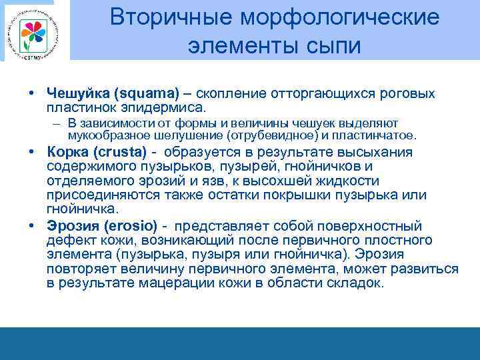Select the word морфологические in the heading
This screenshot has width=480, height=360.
coord(335,18)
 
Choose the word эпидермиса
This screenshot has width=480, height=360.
coord(167,107)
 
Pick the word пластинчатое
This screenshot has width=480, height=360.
coord(380,135)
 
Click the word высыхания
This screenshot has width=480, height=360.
coord(373,152)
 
